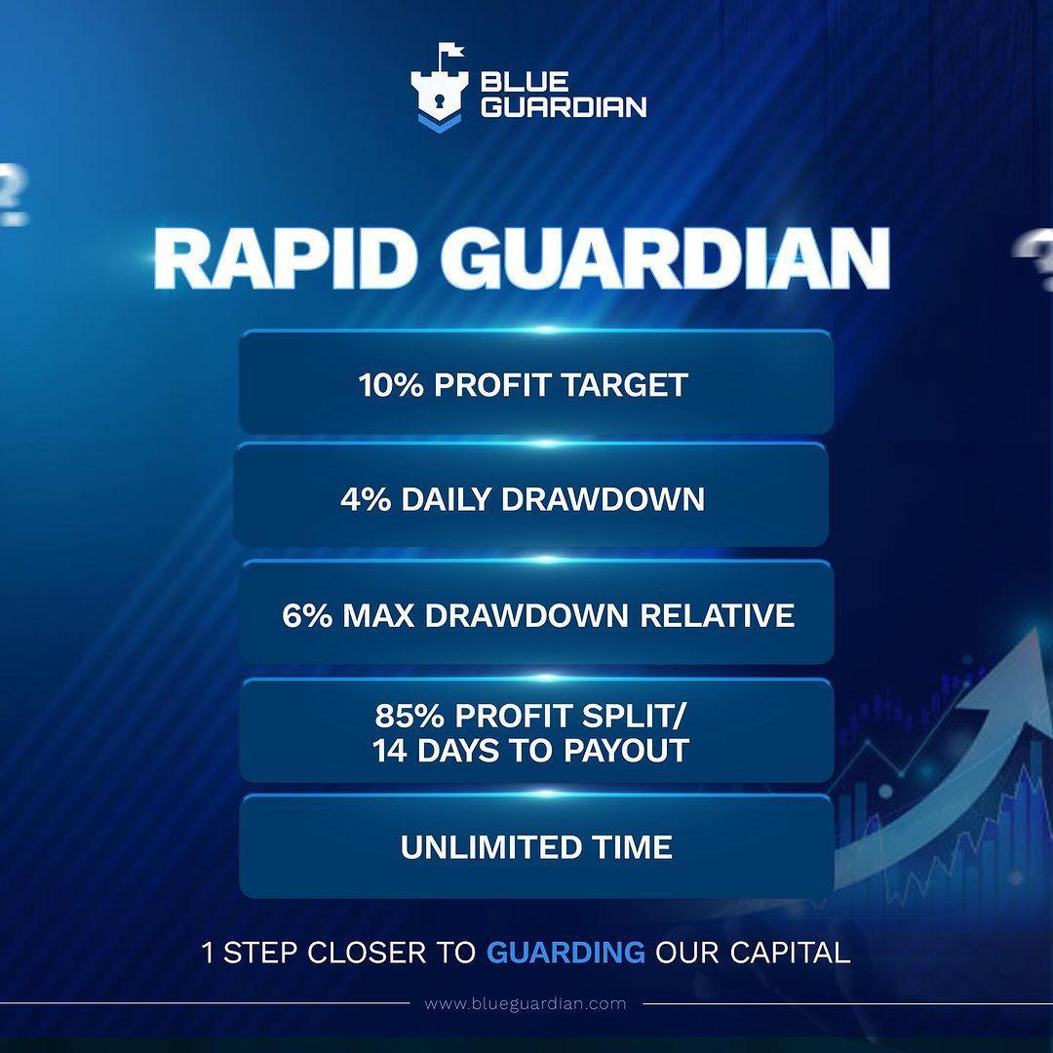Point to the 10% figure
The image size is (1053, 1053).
pyautogui.click(x=391, y=385)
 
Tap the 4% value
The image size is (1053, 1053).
pyautogui.click(x=364, y=500)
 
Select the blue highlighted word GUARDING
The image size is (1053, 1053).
pyautogui.click(x=565, y=952)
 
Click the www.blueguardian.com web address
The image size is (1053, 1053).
pyautogui.click(x=526, y=1003)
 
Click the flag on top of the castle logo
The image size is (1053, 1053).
pyautogui.click(x=449, y=51)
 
